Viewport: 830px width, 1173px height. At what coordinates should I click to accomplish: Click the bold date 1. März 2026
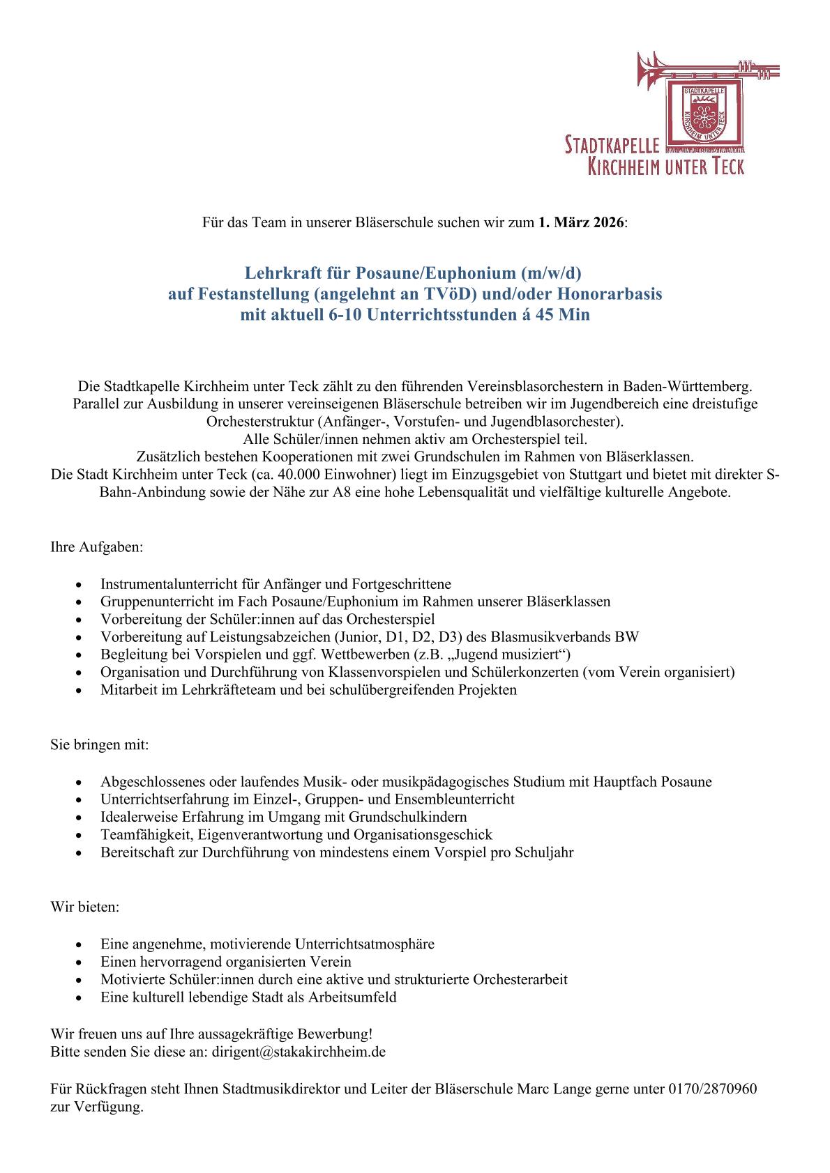click(x=582, y=223)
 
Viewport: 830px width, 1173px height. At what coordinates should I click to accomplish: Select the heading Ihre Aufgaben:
click(x=96, y=547)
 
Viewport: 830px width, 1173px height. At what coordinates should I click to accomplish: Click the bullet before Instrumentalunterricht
click(x=84, y=584)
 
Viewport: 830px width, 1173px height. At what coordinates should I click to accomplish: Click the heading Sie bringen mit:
click(x=99, y=744)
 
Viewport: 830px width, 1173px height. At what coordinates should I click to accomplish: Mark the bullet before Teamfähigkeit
click(x=84, y=835)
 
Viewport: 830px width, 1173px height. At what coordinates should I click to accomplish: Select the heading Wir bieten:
click(x=85, y=907)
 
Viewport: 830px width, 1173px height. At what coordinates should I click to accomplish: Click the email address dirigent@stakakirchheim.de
click(x=299, y=1052)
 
